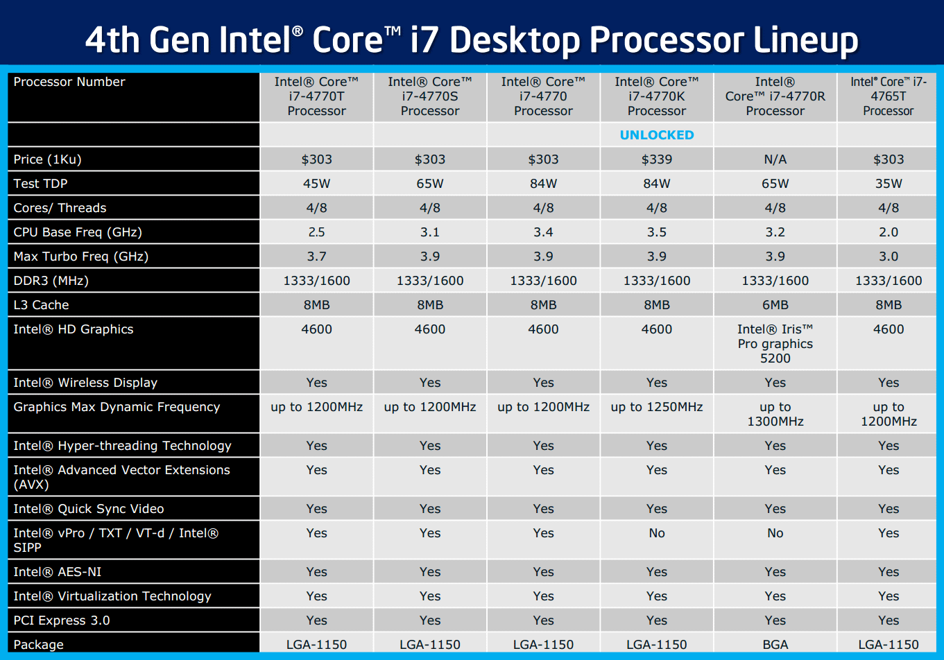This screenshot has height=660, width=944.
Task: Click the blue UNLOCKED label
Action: pyautogui.click(x=656, y=135)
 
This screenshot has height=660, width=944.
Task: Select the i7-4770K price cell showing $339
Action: pyautogui.click(x=656, y=159)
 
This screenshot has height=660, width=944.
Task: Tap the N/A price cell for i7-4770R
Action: pyautogui.click(x=775, y=159)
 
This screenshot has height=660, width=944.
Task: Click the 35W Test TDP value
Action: pyautogui.click(x=888, y=184)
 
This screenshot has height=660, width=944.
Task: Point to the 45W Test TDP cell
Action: pyautogui.click(x=316, y=184)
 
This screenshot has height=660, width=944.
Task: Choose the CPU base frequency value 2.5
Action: pyautogui.click(x=316, y=232)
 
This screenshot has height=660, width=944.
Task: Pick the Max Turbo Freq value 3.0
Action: pyautogui.click(x=888, y=257)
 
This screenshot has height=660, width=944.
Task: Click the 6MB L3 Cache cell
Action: pyautogui.click(x=775, y=305)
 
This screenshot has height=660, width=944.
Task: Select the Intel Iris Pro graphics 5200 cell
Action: pyautogui.click(x=775, y=344)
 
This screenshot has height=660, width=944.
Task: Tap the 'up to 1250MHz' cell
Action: pyautogui.click(x=656, y=407)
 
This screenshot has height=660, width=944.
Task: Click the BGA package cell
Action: pyautogui.click(x=775, y=645)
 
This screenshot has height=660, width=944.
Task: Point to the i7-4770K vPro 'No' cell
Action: pyautogui.click(x=656, y=533)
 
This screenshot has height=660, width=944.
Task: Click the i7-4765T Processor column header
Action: pyautogui.click(x=888, y=96)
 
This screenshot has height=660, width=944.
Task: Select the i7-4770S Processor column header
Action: pyautogui.click(x=430, y=96)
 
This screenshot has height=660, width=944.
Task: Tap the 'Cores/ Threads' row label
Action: pyautogui.click(x=60, y=208)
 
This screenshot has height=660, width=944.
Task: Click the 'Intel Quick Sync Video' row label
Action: pyautogui.click(x=89, y=509)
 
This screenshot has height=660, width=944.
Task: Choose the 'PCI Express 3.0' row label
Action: pyautogui.click(x=62, y=620)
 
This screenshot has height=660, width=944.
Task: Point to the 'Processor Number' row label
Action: pyautogui.click(x=69, y=82)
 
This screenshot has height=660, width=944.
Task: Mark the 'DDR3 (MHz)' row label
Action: pyautogui.click(x=51, y=281)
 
